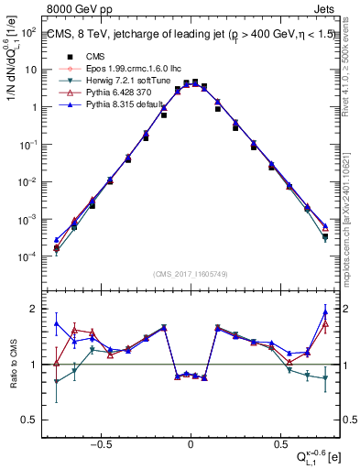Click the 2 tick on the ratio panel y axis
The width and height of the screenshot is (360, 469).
pyautogui.click(x=32, y=309)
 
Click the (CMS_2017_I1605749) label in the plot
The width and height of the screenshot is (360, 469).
pyautogui.click(x=190, y=274)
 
